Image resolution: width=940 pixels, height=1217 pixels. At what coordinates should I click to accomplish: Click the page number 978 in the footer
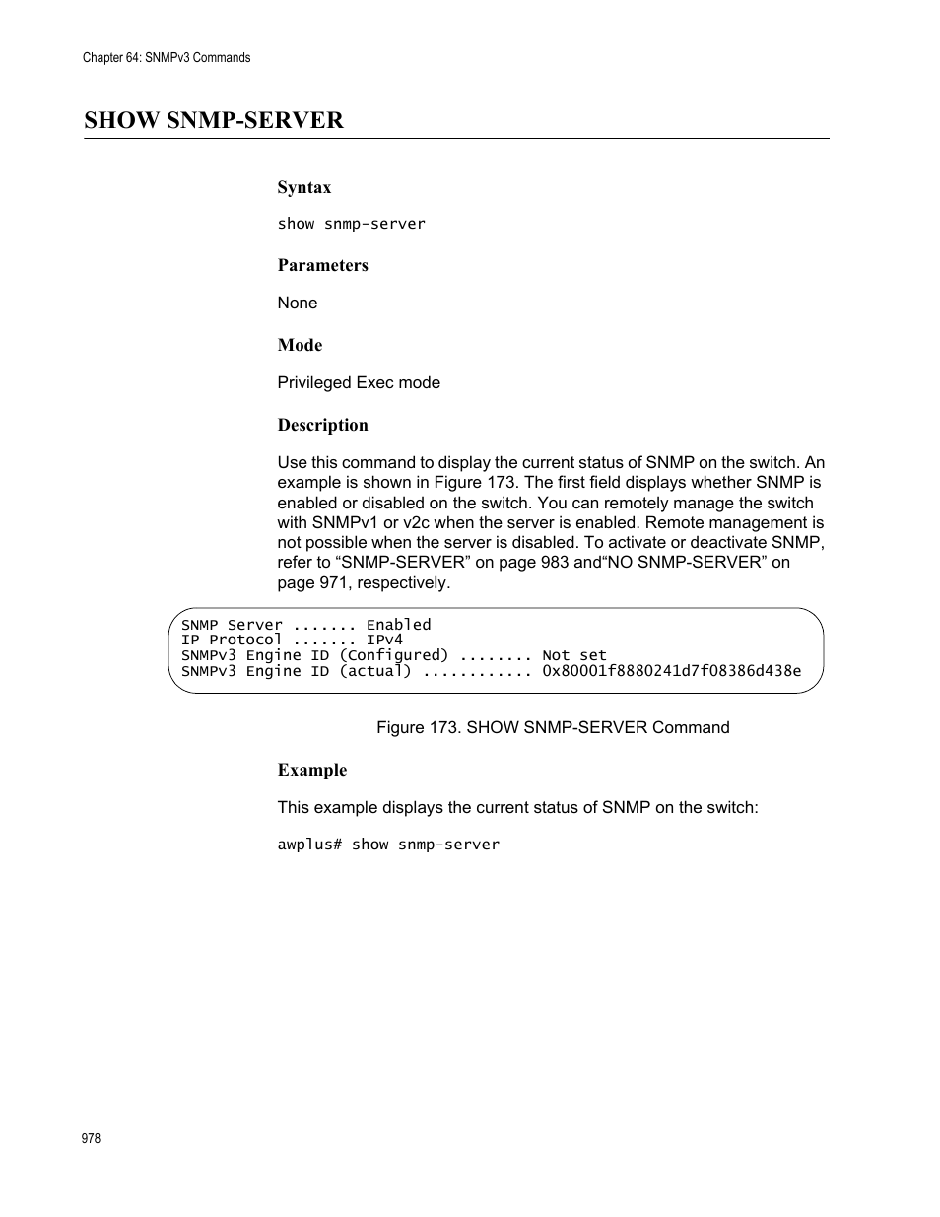[91, 1138]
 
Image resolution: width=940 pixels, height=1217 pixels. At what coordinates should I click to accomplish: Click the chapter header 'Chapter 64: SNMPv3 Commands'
[167, 58]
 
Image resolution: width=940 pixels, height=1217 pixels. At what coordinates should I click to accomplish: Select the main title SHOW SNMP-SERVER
[214, 120]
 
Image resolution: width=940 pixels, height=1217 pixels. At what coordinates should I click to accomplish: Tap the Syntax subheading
[303, 187]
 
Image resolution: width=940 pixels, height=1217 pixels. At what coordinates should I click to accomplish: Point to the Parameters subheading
[322, 265]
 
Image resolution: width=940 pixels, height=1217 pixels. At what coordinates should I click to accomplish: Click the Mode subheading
[300, 345]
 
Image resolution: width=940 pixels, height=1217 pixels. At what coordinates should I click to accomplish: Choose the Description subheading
[322, 425]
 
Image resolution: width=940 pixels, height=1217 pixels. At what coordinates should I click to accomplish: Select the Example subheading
[311, 770]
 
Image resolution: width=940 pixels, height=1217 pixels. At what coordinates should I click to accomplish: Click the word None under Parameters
[297, 303]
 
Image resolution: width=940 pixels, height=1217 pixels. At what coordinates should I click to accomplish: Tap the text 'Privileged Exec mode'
[359, 382]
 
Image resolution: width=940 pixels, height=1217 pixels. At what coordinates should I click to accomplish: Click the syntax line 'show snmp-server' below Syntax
[351, 224]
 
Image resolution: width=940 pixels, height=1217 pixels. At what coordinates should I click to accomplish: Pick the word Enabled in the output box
[398, 625]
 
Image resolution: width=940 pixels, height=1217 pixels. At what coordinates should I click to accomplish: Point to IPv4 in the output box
[384, 640]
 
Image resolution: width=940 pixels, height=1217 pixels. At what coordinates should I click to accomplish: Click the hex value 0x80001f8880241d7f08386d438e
[671, 671]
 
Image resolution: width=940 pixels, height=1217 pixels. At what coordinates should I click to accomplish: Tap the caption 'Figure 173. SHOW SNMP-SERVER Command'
[553, 727]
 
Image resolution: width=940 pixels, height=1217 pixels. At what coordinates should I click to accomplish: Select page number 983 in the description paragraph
[555, 562]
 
